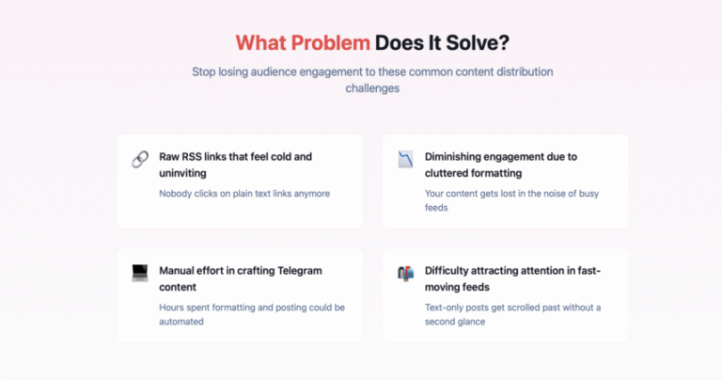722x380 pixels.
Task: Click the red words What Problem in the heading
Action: (x=303, y=43)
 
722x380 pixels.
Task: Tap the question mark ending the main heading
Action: (x=504, y=43)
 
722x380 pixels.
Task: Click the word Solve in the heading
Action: (x=472, y=43)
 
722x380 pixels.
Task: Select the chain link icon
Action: (x=140, y=159)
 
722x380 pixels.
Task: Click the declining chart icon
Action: (x=406, y=159)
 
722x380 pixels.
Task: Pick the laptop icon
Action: (x=140, y=273)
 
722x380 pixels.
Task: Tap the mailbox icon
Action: (x=406, y=273)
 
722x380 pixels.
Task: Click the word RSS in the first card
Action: (x=192, y=156)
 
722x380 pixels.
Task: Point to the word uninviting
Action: (x=182, y=173)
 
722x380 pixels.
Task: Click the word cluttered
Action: (x=446, y=173)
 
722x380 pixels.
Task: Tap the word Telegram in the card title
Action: (x=299, y=271)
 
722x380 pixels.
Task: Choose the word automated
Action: (x=181, y=322)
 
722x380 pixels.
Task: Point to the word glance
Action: (x=471, y=322)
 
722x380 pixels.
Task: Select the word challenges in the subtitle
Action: (x=372, y=88)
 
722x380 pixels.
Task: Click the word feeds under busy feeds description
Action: (x=436, y=208)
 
